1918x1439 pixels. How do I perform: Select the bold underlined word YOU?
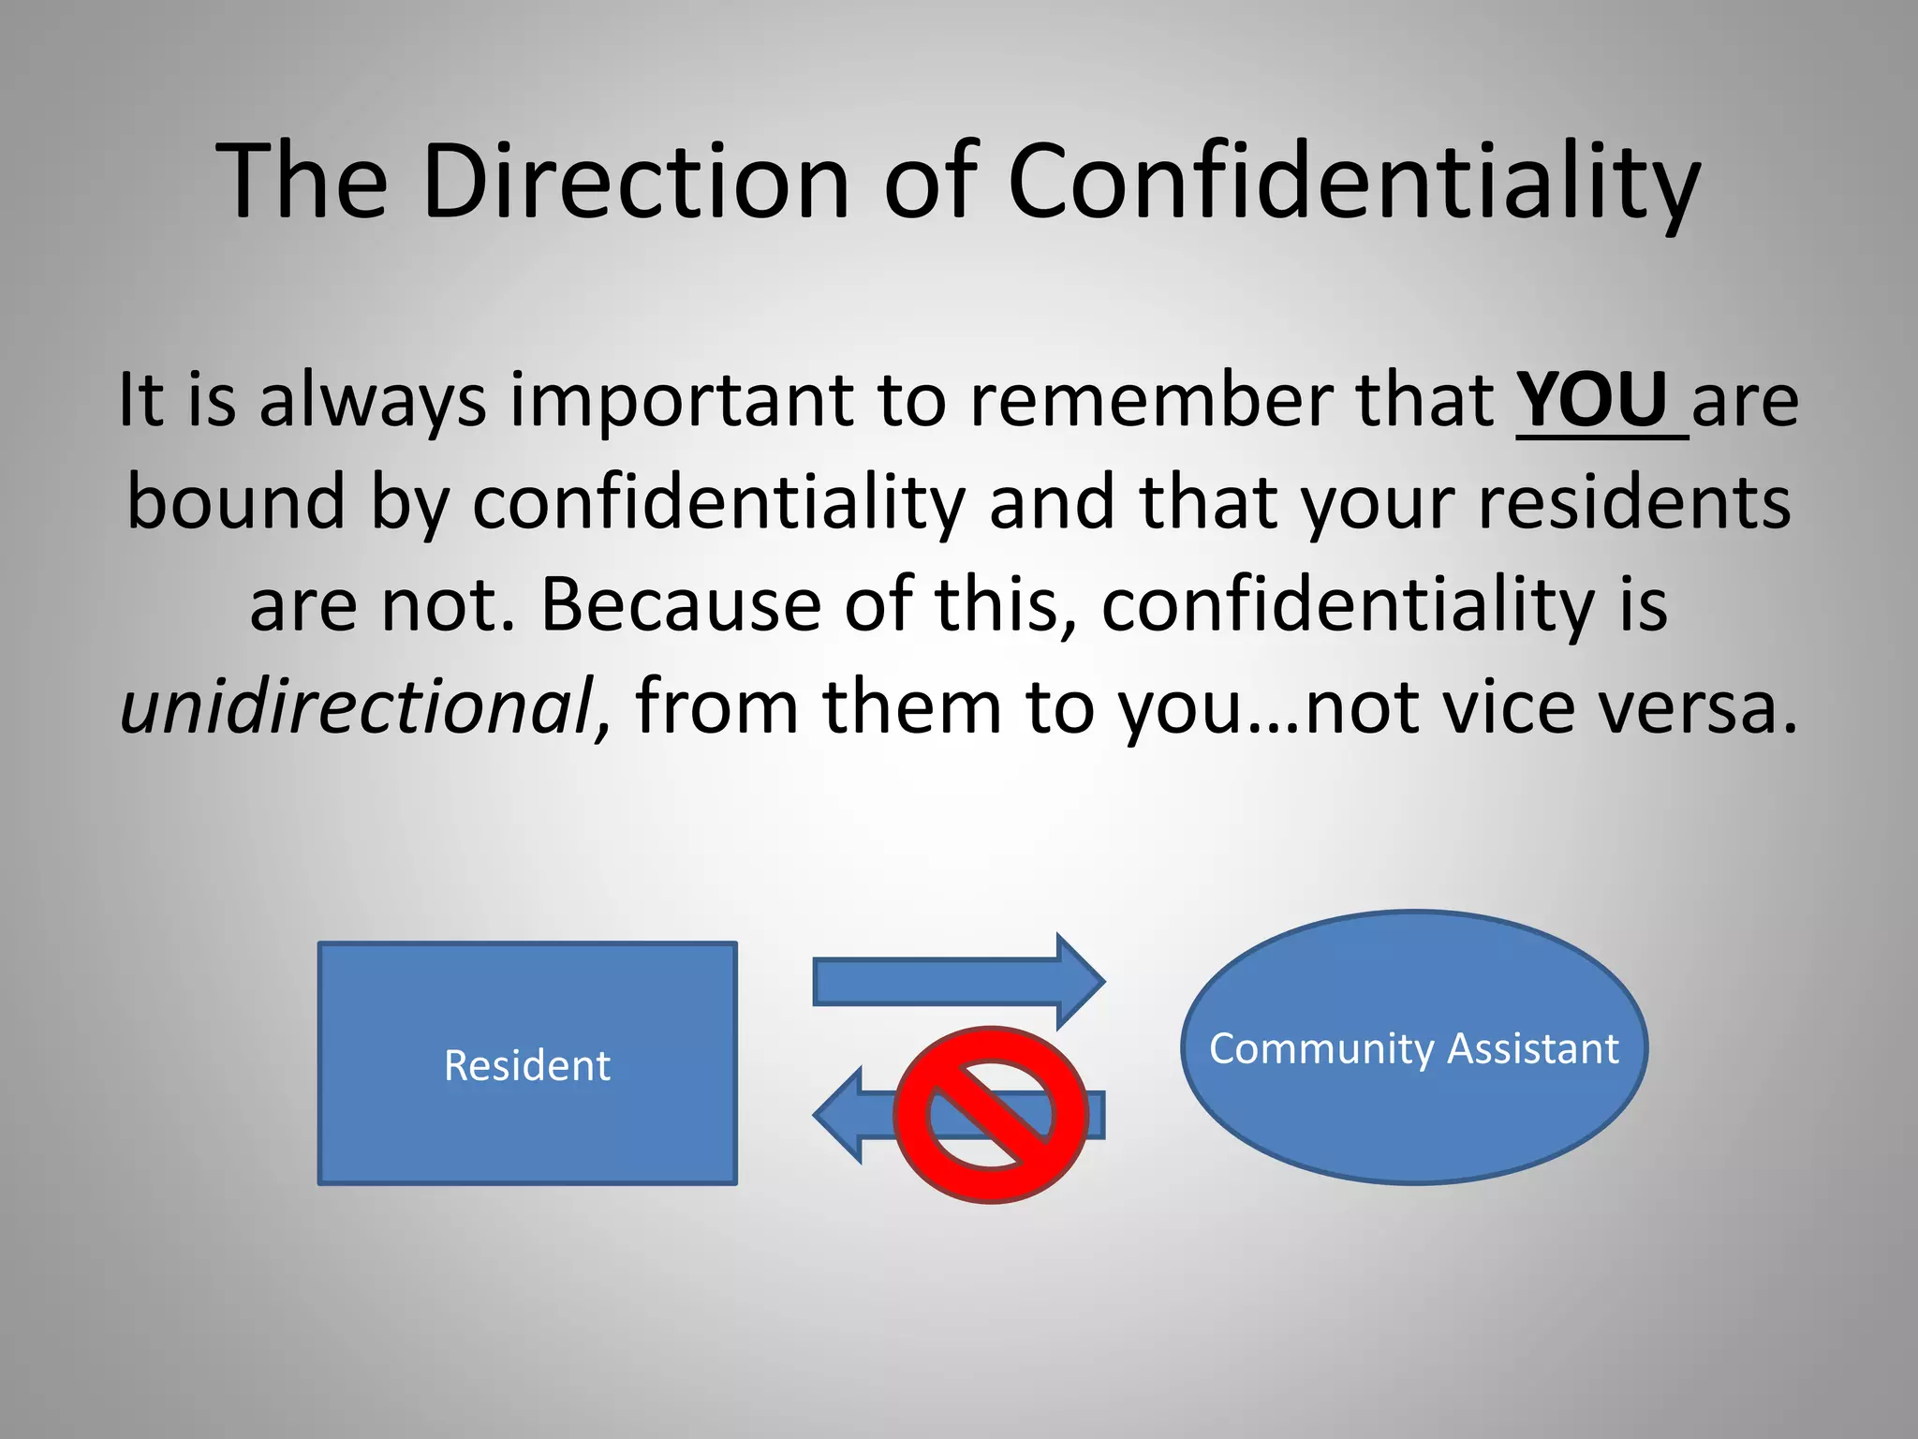1591,400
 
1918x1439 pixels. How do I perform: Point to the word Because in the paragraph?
680,603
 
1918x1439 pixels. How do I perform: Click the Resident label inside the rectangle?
526,1065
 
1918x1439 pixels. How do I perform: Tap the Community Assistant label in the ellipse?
1413,1048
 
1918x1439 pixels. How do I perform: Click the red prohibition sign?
990,1115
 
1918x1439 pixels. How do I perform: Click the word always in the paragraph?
372,402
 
